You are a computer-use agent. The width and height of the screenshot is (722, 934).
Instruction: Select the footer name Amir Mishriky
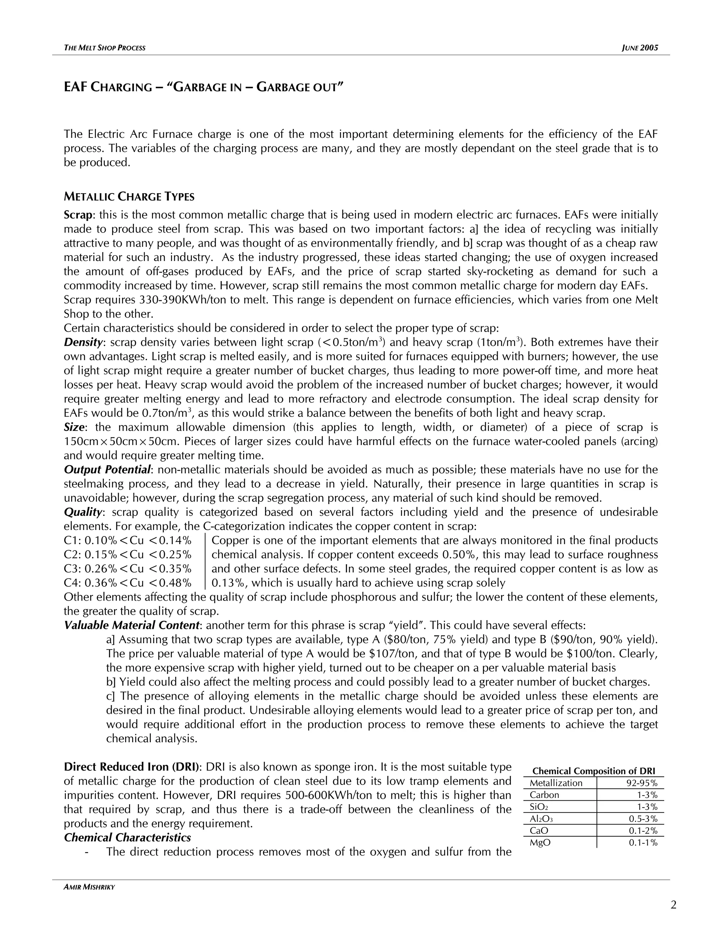click(89, 887)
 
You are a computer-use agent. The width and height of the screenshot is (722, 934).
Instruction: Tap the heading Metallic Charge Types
click(129, 197)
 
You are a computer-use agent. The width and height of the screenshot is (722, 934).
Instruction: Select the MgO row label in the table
click(540, 842)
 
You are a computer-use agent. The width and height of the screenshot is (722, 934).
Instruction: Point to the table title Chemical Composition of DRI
click(593, 771)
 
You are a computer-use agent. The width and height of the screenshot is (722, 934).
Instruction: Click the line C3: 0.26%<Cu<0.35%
click(127, 569)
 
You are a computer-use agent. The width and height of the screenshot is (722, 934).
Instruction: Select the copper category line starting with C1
click(127, 541)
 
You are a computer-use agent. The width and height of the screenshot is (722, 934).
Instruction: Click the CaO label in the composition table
click(539, 830)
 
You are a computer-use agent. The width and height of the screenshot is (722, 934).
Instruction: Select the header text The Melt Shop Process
click(104, 48)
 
